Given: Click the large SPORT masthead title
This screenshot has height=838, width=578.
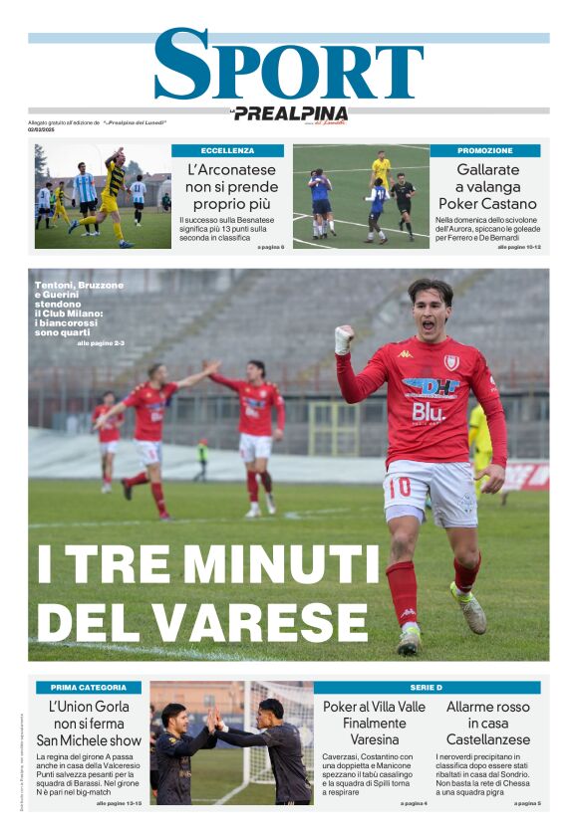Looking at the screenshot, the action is pos(289,66).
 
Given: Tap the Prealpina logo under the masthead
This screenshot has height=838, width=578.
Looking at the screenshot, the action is pos(290,113).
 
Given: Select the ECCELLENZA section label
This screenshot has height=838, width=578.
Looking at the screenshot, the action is pos(227,150).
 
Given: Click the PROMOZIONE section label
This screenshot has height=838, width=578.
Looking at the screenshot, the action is pos(485,150).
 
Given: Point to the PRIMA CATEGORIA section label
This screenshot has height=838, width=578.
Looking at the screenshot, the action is pos(89,687).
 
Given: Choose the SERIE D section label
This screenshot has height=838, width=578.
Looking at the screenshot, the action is pos(427,687).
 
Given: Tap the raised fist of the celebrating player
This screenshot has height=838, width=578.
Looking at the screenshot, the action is pos(344,339).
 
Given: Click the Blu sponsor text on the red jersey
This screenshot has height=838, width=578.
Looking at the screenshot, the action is pos(429,411).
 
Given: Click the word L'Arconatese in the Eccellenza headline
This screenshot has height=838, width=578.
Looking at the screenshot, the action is pos(231,169).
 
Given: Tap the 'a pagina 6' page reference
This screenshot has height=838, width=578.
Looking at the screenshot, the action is pos(270,246).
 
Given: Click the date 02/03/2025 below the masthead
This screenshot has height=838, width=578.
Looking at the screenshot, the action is pos(42,128).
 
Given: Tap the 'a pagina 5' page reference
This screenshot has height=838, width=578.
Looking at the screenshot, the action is pos(526,802).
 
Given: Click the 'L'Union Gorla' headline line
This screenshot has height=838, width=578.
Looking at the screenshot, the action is pos(89,707).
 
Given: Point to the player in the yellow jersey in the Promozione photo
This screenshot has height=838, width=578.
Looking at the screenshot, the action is pos(381,169).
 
